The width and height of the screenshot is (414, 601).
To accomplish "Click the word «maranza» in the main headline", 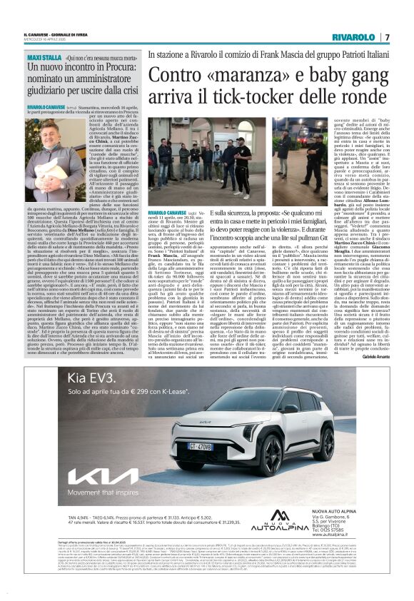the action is pos(228,74).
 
